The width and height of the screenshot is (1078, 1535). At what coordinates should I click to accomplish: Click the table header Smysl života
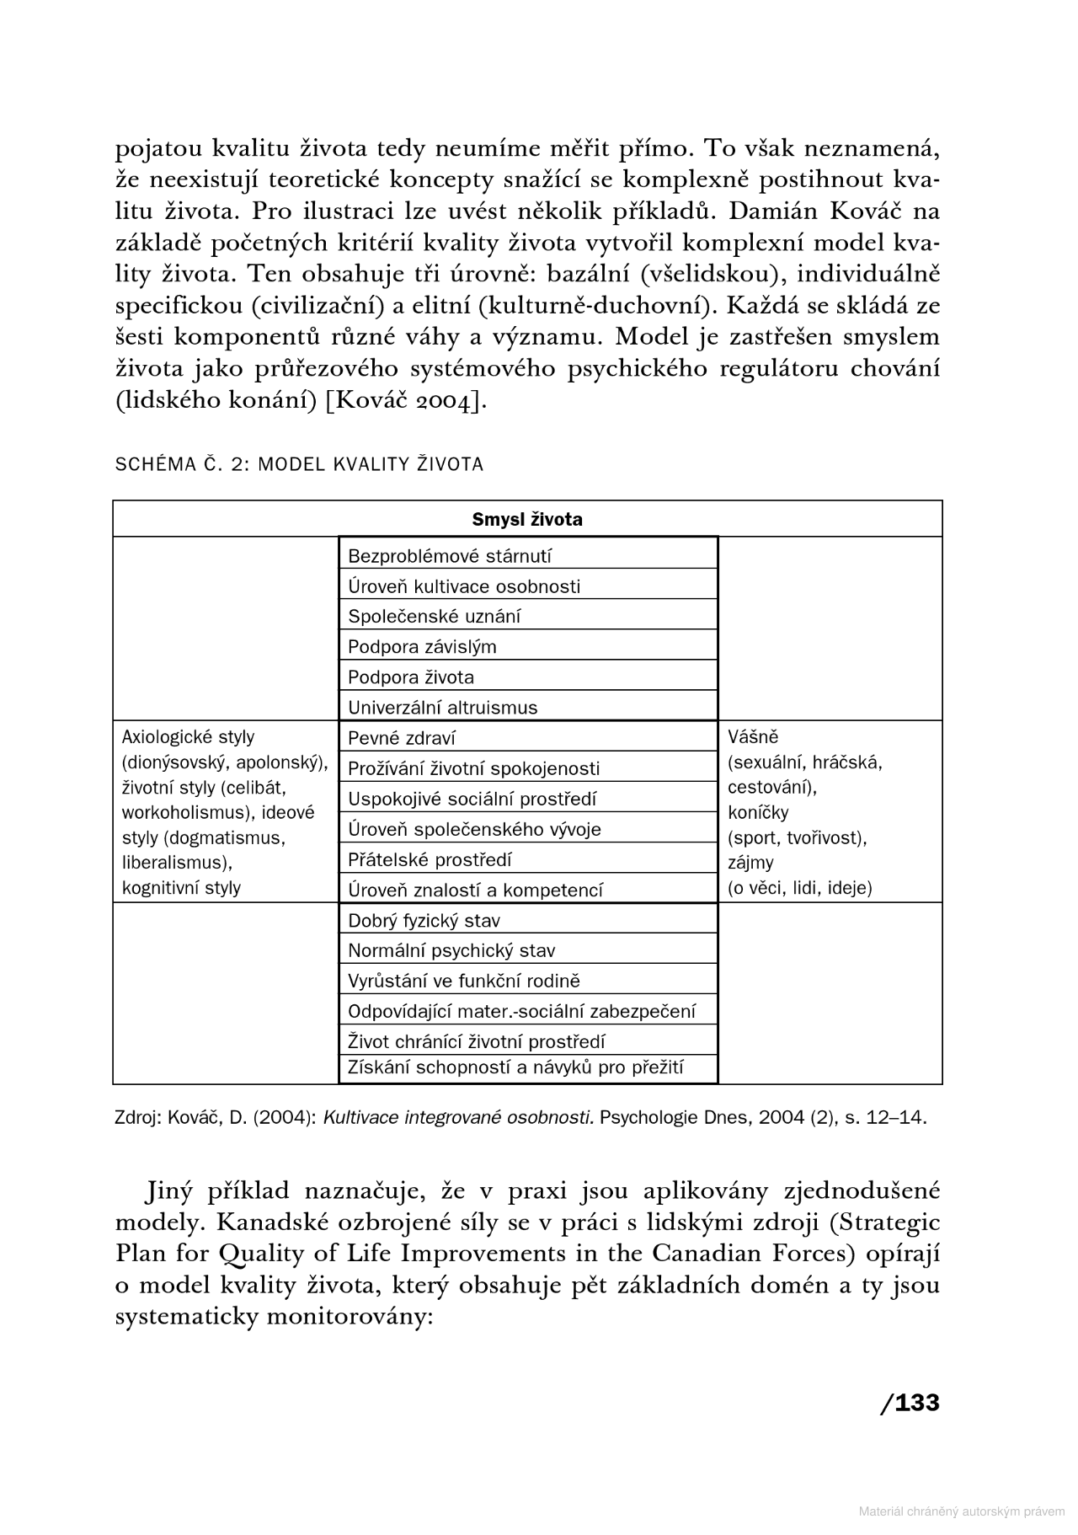[x=527, y=519]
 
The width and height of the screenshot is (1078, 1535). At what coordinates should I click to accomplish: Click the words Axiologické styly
[x=188, y=737]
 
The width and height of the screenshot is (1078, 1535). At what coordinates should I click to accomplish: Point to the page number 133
[x=916, y=1403]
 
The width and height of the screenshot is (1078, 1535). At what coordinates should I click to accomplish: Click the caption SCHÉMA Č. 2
[x=181, y=464]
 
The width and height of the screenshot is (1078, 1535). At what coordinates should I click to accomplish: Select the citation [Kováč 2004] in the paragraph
[x=407, y=401]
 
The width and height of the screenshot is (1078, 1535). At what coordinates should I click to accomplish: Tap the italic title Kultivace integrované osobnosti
[x=458, y=1118]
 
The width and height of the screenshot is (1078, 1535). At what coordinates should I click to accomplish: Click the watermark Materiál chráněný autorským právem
[x=961, y=1511]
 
